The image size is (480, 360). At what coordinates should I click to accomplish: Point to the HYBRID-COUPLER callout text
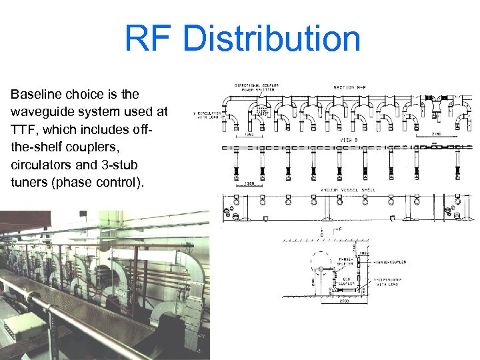[x=390, y=262]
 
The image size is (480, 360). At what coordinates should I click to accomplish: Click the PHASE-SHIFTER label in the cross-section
[x=345, y=261]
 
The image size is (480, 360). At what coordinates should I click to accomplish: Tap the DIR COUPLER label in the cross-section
[x=344, y=281]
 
